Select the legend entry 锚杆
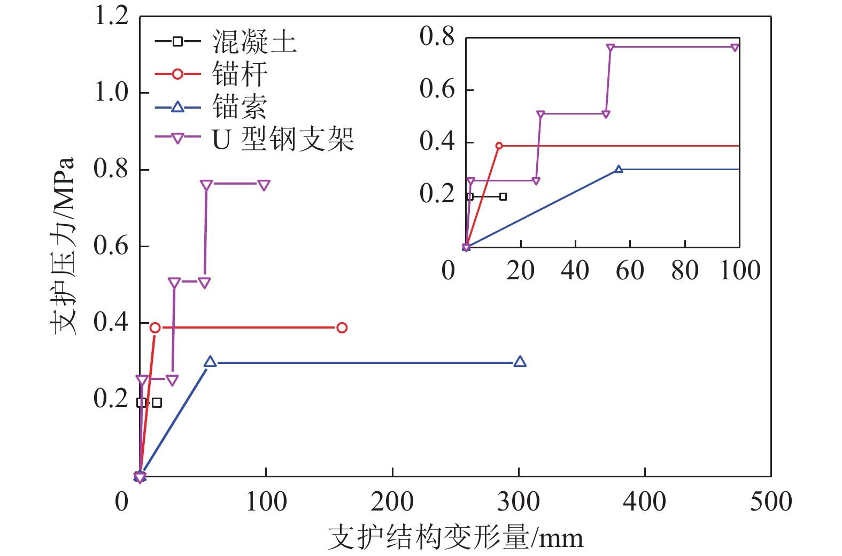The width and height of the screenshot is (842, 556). [x=240, y=74]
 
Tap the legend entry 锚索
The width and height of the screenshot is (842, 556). [x=240, y=107]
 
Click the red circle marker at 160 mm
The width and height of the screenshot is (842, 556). [x=342, y=327]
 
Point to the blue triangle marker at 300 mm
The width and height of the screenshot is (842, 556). [x=520, y=362]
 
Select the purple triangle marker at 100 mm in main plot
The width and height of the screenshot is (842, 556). [x=264, y=185]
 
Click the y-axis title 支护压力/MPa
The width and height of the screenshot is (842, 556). [x=63, y=246]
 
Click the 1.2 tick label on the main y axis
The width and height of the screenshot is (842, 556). [x=111, y=16]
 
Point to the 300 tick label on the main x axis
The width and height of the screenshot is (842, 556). [x=519, y=502]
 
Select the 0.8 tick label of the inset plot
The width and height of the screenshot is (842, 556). [x=437, y=37]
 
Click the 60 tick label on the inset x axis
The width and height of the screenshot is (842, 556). [x=630, y=271]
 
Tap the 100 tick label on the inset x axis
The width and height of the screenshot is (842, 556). [x=740, y=271]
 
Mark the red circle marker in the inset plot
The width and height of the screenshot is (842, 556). [x=499, y=146]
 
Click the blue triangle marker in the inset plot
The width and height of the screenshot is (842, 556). [x=619, y=169]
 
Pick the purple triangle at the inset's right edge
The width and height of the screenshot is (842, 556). [x=735, y=48]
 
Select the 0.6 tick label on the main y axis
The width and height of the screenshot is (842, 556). [x=111, y=246]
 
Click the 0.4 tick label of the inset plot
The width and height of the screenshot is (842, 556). [x=437, y=142]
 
